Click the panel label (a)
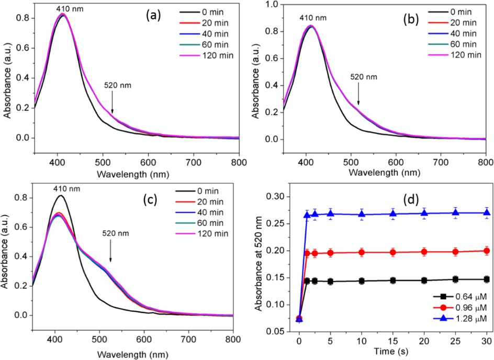(x=154, y=15)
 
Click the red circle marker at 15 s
(x=393, y=252)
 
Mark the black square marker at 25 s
(x=456, y=279)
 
